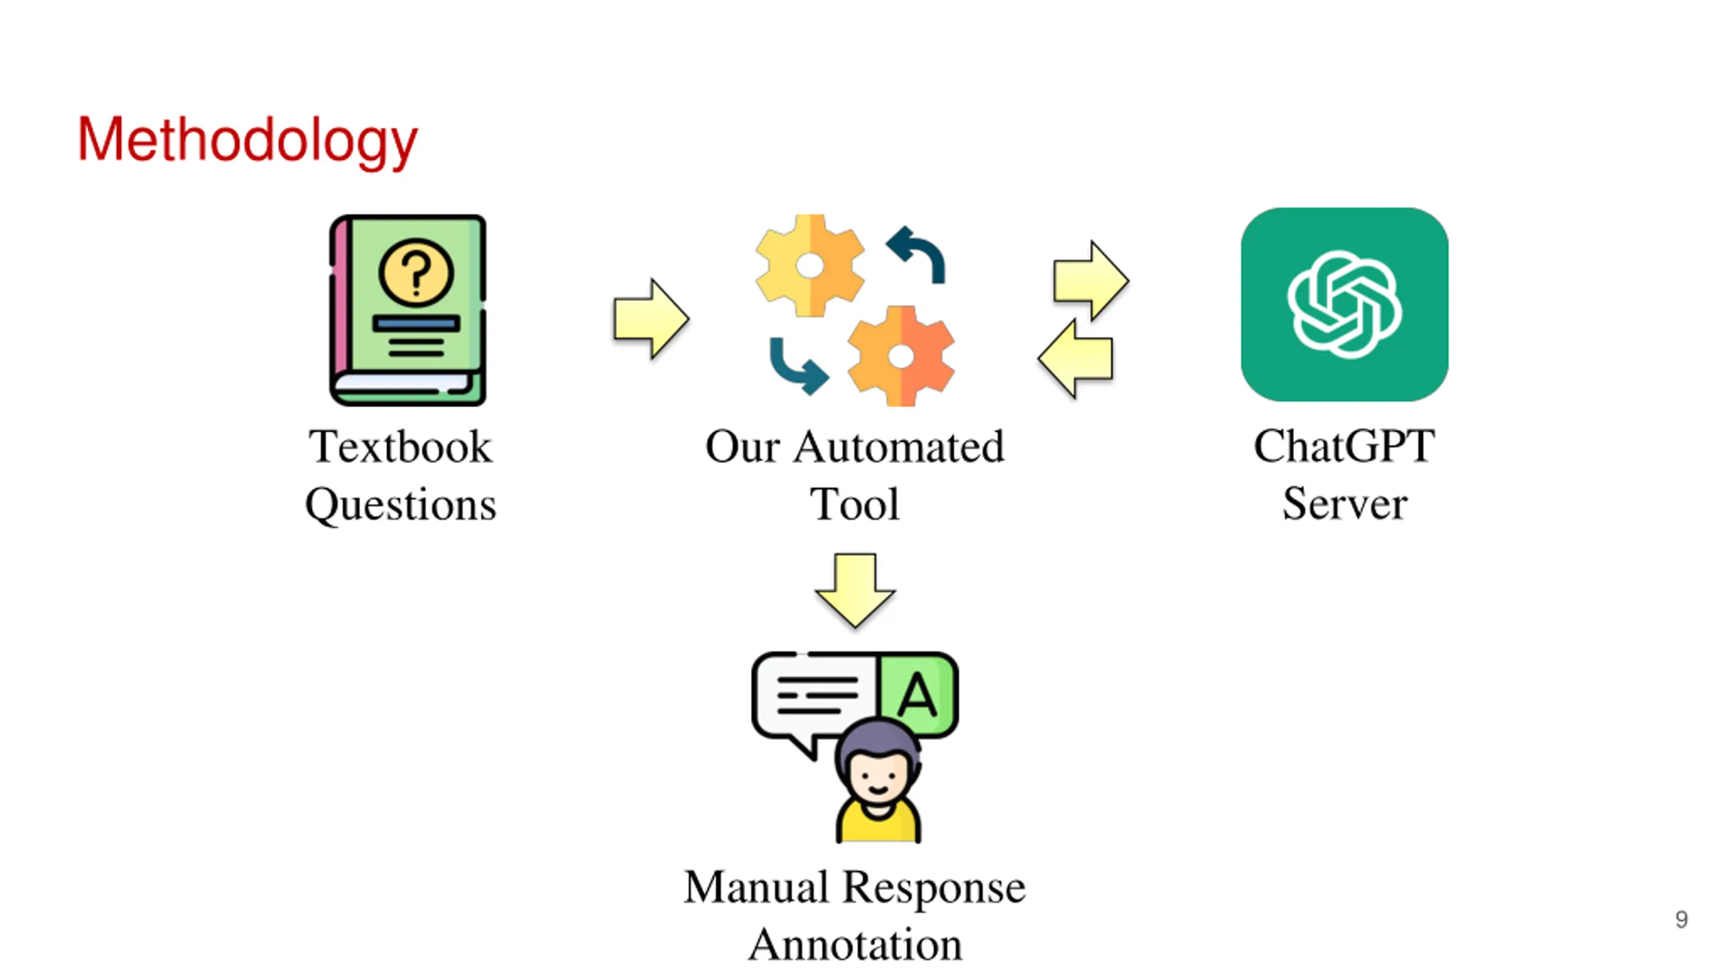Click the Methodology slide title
(x=247, y=140)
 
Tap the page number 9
(x=1681, y=919)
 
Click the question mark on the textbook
(x=416, y=273)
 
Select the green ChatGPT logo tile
(x=1344, y=304)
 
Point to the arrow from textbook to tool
(x=651, y=319)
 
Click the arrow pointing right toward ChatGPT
(x=1091, y=280)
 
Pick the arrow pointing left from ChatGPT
(x=1075, y=358)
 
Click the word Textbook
(x=401, y=447)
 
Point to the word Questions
(x=401, y=505)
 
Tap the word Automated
(x=899, y=447)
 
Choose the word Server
(x=1345, y=504)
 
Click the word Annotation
(x=855, y=944)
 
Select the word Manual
(x=756, y=887)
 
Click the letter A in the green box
(x=917, y=695)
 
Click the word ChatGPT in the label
(x=1344, y=447)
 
